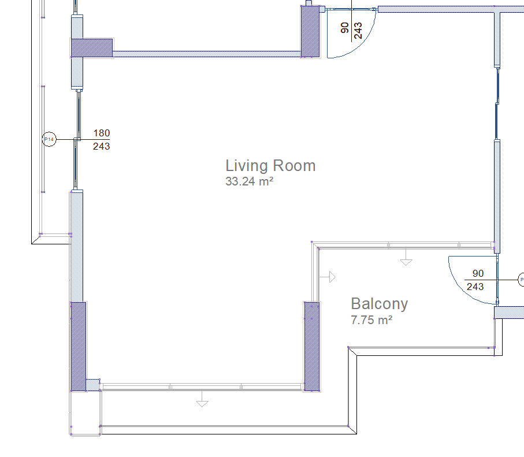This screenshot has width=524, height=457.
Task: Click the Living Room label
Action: tap(270, 166)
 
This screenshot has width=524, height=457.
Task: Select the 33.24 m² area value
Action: tap(250, 181)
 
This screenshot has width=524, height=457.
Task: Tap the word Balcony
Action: tap(380, 304)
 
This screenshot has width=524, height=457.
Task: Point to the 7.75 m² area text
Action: tap(371, 320)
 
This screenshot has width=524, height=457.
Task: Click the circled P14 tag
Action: tap(49, 139)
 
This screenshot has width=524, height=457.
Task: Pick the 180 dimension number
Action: tap(102, 133)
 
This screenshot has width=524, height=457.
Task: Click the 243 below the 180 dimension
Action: tap(101, 146)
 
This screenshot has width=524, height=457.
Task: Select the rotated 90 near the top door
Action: tap(344, 28)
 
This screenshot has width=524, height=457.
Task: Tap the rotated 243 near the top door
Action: tap(358, 31)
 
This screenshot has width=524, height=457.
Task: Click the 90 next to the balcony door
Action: tap(478, 273)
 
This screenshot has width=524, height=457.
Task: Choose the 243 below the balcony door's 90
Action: tap(475, 287)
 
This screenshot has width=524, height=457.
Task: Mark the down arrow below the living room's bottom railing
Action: tap(202, 399)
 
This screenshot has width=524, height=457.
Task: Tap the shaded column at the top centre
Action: tap(310, 32)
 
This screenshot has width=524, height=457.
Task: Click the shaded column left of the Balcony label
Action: tap(312, 346)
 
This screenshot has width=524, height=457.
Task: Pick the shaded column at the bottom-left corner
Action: tap(79, 346)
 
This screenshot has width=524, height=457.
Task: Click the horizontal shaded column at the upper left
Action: tap(92, 48)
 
